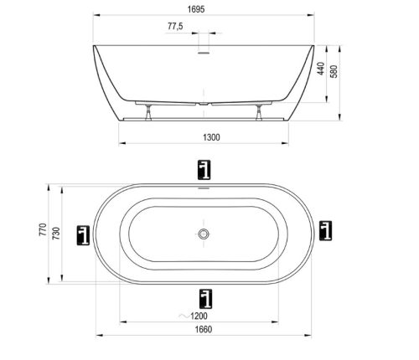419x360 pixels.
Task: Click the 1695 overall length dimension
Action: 196,9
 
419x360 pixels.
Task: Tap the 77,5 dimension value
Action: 175,26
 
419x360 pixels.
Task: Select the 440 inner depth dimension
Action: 321,69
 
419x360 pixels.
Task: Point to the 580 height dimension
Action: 334,71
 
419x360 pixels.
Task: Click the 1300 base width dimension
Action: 211,137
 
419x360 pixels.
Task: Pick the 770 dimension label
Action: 43,229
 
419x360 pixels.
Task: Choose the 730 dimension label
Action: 56,234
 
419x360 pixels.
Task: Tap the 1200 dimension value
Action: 199,316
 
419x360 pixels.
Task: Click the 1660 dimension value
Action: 204,330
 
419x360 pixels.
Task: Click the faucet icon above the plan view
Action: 204,170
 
